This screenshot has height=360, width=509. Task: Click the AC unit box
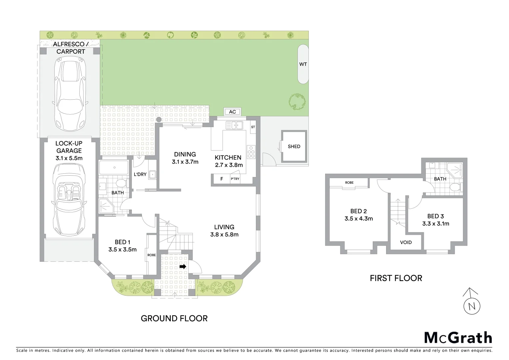point(233,112)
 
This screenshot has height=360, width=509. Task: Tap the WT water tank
point(303,64)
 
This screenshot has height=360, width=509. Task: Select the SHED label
point(294,146)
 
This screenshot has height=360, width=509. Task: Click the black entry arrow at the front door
point(183,267)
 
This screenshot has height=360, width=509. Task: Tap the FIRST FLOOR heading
point(396,278)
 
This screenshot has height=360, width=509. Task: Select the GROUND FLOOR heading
point(174,318)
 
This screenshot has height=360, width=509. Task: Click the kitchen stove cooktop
point(251,152)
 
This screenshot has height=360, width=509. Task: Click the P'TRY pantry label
point(235,179)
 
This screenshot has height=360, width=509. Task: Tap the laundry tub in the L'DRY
point(153,174)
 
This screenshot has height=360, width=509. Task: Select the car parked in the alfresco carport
point(70,94)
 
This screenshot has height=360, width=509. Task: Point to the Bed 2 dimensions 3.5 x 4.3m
point(358,219)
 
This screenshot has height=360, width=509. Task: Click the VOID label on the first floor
point(406,242)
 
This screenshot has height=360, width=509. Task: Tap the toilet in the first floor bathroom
point(454,187)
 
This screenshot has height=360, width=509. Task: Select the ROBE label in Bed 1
point(152,255)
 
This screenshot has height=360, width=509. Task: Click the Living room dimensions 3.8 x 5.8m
point(224,234)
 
